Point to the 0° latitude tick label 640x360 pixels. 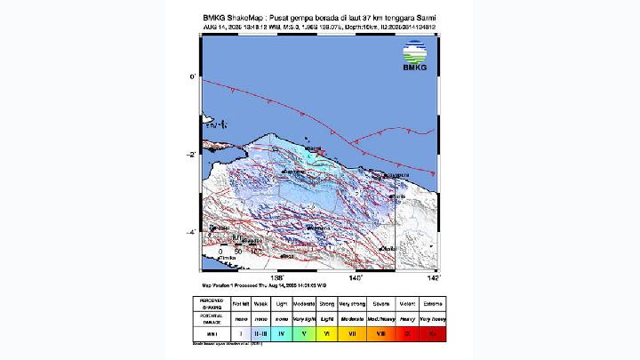tap(193, 77)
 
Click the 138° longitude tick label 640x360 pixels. tap(277, 277)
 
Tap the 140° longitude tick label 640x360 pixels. tap(356, 277)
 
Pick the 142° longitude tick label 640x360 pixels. tap(433, 277)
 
